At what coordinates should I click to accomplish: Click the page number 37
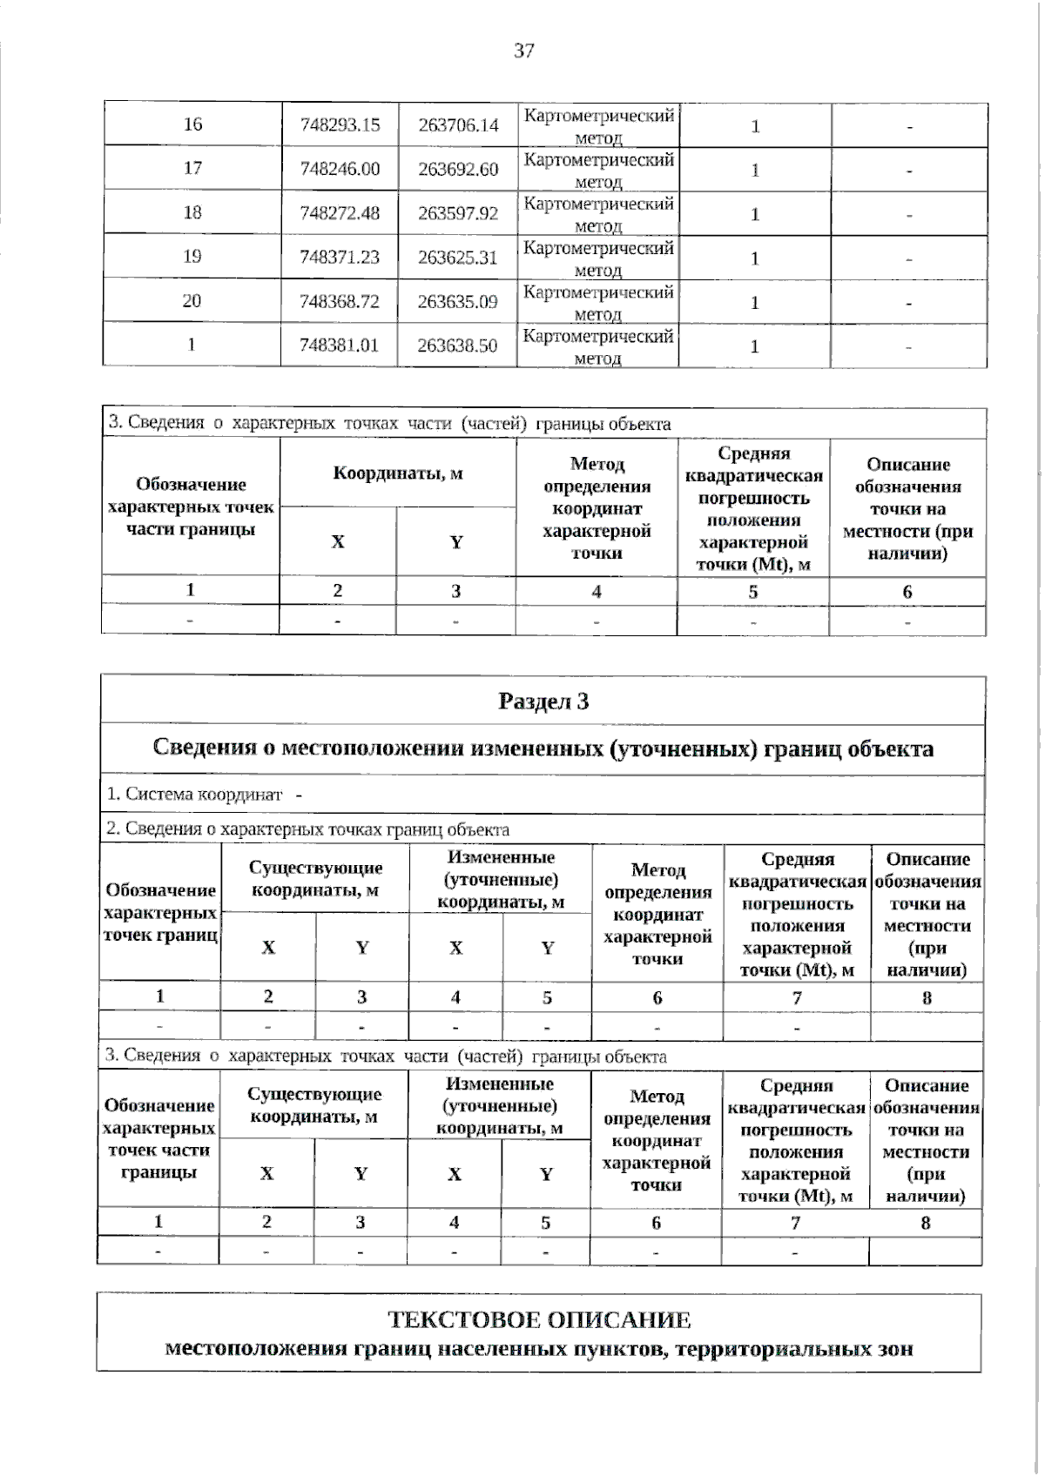pyautogui.click(x=523, y=50)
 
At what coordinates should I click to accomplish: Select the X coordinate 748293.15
pyautogui.click(x=340, y=124)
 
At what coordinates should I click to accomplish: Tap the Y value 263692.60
pyautogui.click(x=458, y=169)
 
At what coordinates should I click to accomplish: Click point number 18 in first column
pyautogui.click(x=192, y=212)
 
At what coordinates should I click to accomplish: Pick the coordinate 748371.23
pyautogui.click(x=340, y=257)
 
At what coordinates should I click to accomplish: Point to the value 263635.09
pyautogui.click(x=458, y=301)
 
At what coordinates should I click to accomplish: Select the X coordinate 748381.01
pyautogui.click(x=340, y=346)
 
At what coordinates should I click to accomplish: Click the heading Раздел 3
pyautogui.click(x=543, y=701)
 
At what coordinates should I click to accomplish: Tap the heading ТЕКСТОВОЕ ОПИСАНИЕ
pyautogui.click(x=539, y=1320)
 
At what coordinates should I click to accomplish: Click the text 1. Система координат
pyautogui.click(x=195, y=795)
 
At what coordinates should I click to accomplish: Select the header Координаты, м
pyautogui.click(x=398, y=473)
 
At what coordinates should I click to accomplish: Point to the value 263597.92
pyautogui.click(x=458, y=213)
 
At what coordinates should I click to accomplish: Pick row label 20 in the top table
pyautogui.click(x=192, y=301)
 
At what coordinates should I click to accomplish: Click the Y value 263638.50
pyautogui.click(x=458, y=346)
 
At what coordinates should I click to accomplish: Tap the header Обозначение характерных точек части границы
pyautogui.click(x=191, y=507)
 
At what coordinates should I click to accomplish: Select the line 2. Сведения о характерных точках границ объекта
pyautogui.click(x=307, y=829)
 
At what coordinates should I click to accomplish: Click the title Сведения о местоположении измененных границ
pyautogui.click(x=543, y=748)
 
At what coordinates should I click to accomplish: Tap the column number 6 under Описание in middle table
pyautogui.click(x=907, y=592)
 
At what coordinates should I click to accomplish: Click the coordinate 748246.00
pyautogui.click(x=340, y=169)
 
